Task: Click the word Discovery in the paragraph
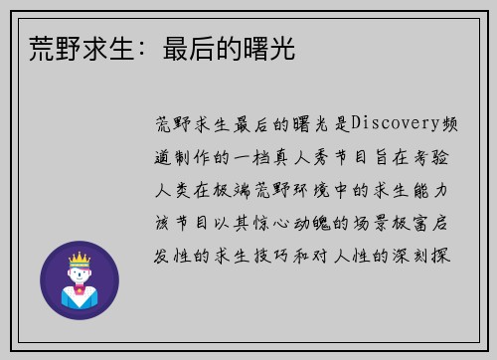[389, 124]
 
